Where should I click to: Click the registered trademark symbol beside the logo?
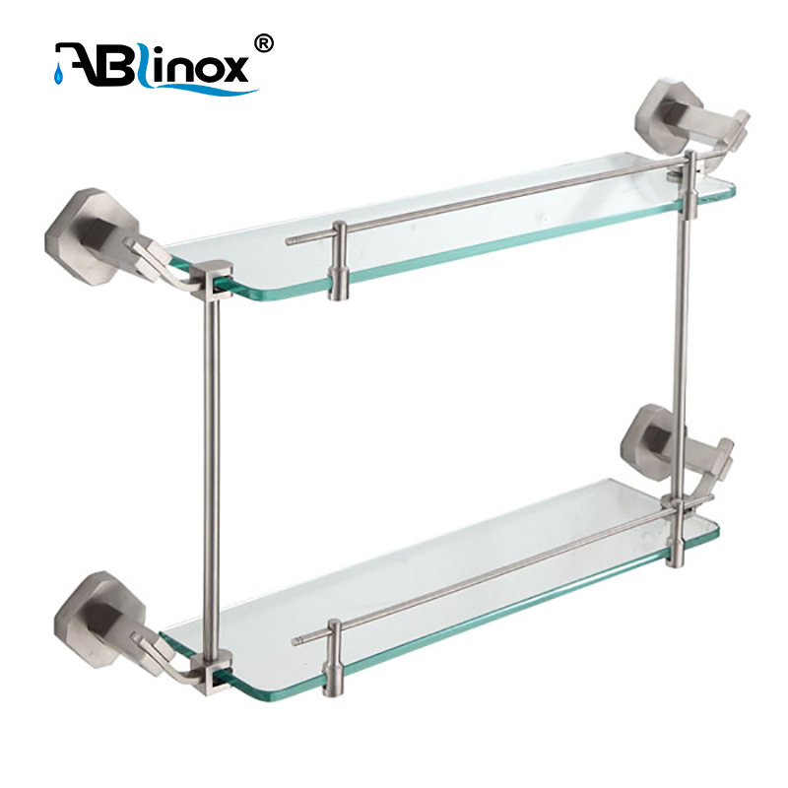pyautogui.click(x=265, y=43)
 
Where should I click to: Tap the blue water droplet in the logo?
pyautogui.click(x=58, y=74)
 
